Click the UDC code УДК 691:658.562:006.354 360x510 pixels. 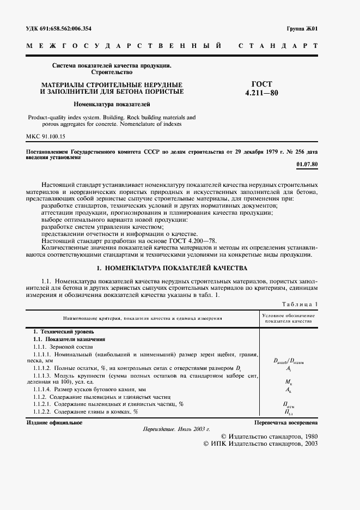59,28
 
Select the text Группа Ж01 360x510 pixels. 302,28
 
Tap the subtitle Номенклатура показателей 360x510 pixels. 112,104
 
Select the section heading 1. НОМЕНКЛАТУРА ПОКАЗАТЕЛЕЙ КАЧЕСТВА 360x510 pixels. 172,269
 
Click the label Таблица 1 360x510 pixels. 298,303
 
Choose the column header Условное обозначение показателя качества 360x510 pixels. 288,318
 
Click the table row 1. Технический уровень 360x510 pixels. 64,331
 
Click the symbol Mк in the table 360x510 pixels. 288,383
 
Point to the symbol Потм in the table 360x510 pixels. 288,405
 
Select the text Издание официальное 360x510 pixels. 54,423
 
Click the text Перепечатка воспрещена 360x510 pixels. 286,423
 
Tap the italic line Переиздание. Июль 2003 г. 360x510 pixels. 176,430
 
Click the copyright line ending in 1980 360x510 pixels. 270,437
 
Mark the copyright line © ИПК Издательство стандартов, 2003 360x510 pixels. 260,444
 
